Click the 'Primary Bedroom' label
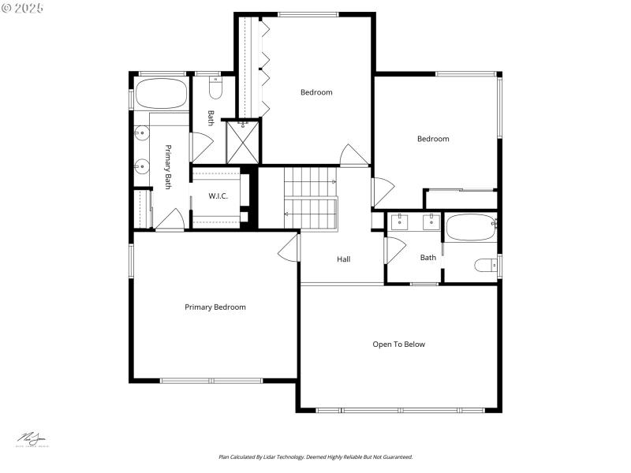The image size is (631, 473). (215, 307)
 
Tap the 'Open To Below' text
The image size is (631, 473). (399, 345)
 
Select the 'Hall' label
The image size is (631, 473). (344, 259)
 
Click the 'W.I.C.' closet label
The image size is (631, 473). (218, 196)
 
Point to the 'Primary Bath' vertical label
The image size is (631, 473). (168, 166)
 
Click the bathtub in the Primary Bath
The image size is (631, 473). (160, 94)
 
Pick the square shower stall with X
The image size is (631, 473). (243, 142)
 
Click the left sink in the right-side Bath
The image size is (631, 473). (400, 222)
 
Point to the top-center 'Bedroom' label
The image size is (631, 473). (316, 92)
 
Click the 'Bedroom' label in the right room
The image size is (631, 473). (433, 140)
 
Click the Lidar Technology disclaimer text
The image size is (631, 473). (315, 457)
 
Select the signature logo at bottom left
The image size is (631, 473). (32, 439)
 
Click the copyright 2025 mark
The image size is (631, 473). (23, 8)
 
